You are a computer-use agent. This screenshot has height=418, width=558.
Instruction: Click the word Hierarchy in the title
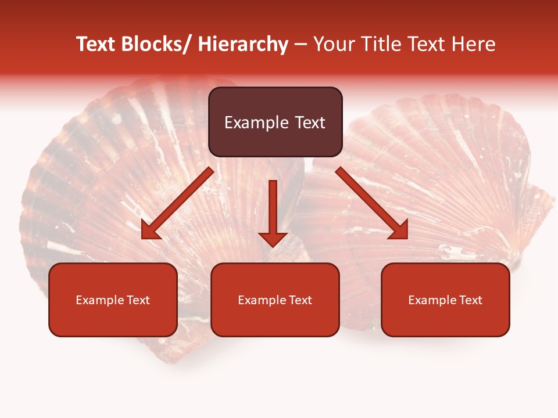point(243,45)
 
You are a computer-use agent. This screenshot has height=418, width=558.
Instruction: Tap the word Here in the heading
point(474,45)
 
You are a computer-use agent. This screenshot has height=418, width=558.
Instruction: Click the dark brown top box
point(275,122)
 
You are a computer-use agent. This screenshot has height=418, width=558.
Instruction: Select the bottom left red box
point(113,300)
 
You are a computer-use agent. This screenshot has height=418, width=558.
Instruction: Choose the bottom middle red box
point(275,300)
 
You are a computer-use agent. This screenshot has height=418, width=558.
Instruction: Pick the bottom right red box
point(445,300)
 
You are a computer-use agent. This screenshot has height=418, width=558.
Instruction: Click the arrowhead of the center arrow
point(273,239)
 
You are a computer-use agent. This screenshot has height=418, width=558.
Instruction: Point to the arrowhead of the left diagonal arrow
point(150,230)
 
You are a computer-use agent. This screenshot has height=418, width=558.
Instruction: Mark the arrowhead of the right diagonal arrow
point(399,230)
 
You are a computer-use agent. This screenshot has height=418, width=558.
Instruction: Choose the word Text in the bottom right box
point(471,300)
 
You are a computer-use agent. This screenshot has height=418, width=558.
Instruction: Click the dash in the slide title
point(301,45)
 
